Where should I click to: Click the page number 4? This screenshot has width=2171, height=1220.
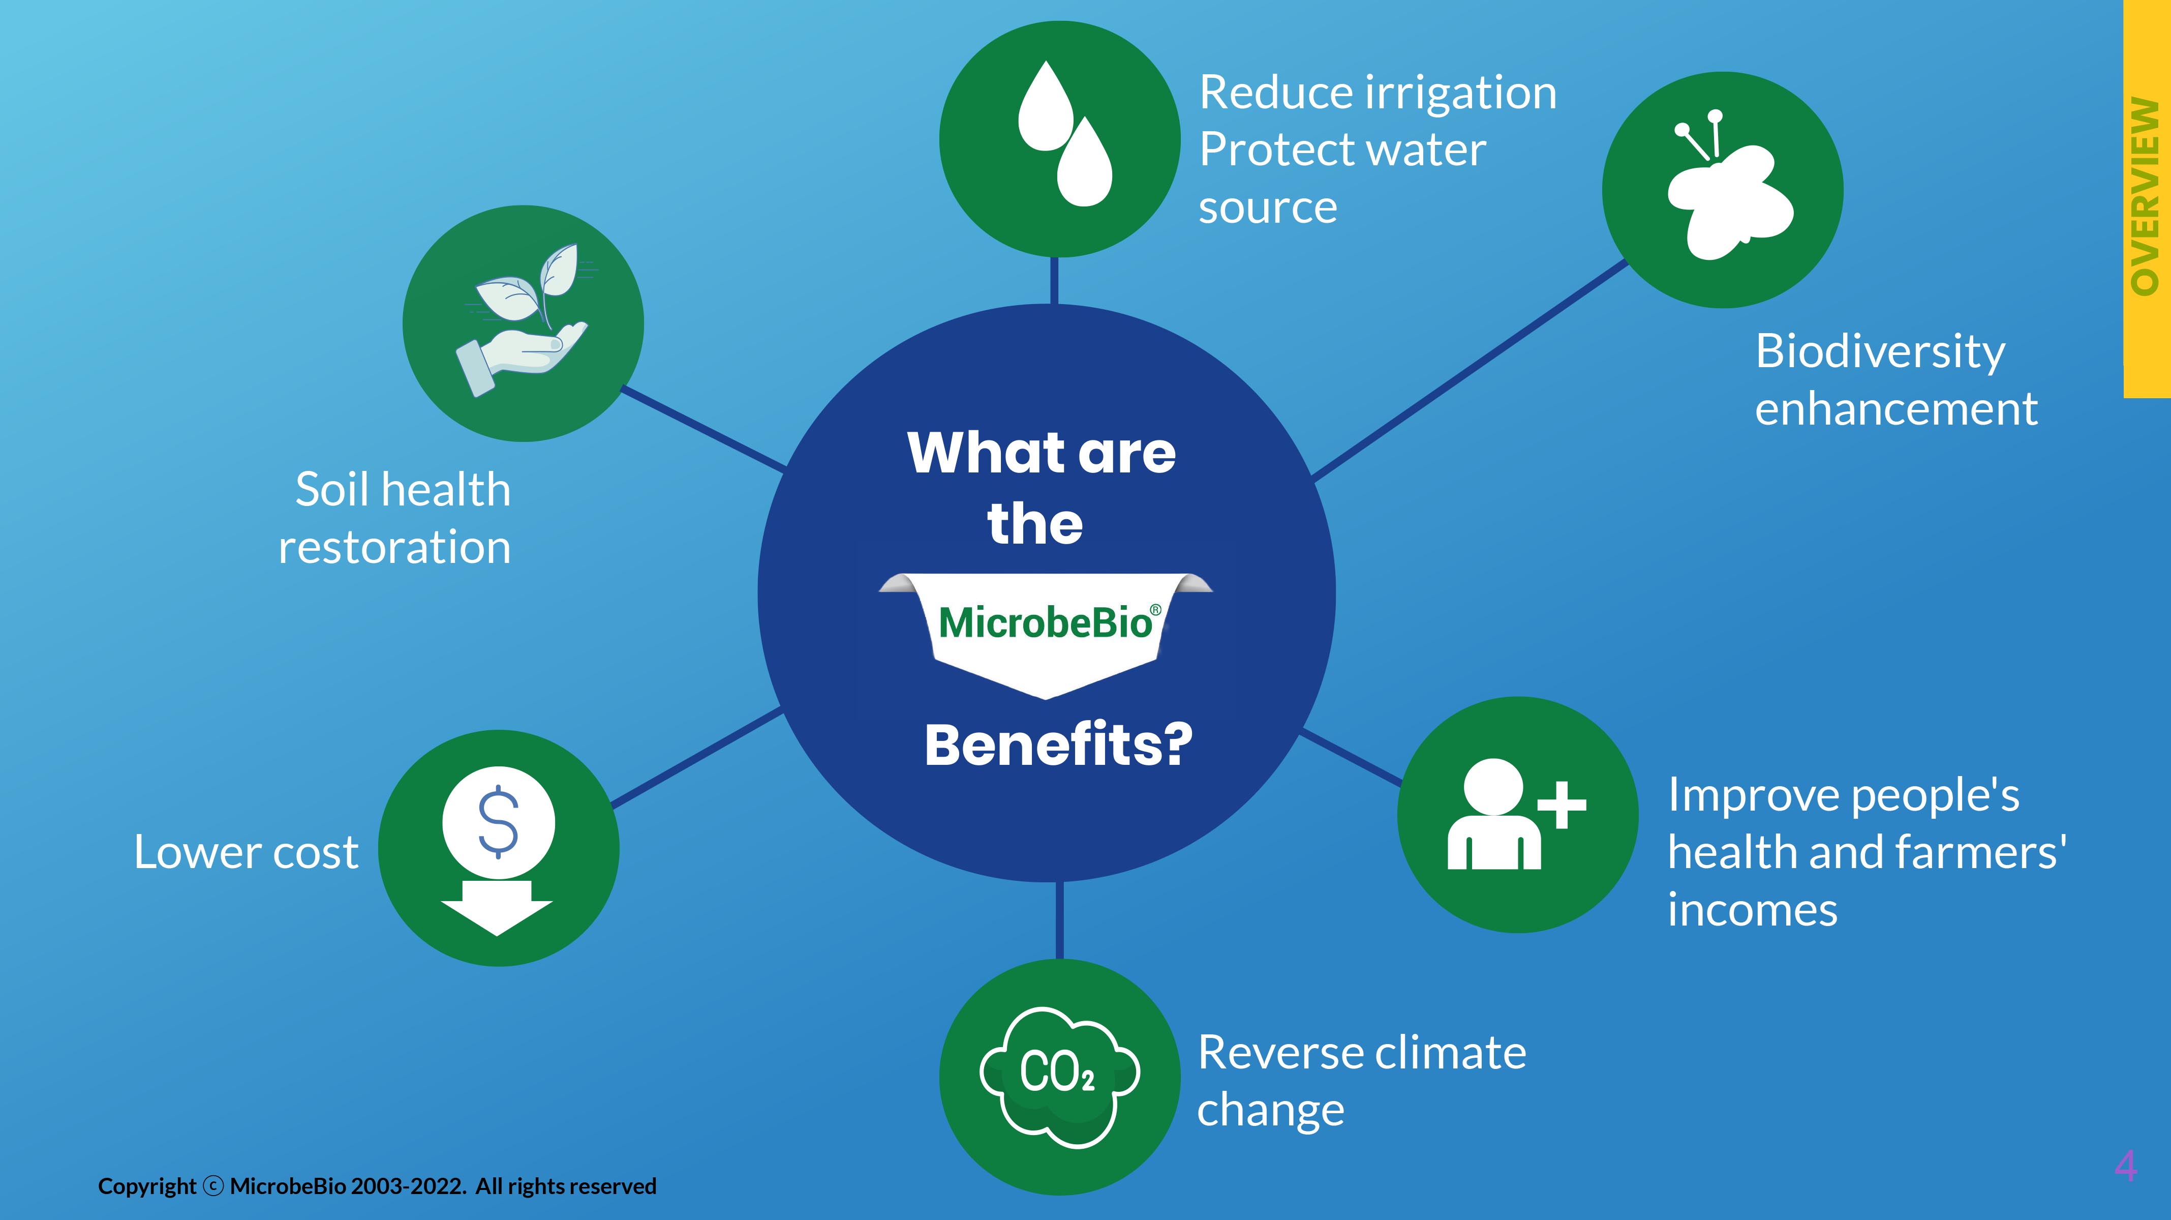(x=2125, y=1167)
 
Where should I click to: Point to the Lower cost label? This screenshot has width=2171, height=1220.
(x=246, y=852)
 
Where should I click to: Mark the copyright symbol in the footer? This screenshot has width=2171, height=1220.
(x=214, y=1187)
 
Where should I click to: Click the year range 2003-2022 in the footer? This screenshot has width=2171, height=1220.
(x=408, y=1186)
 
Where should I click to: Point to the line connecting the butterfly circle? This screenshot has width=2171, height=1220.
(x=1471, y=370)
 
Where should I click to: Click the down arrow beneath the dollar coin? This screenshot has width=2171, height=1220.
(x=497, y=908)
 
